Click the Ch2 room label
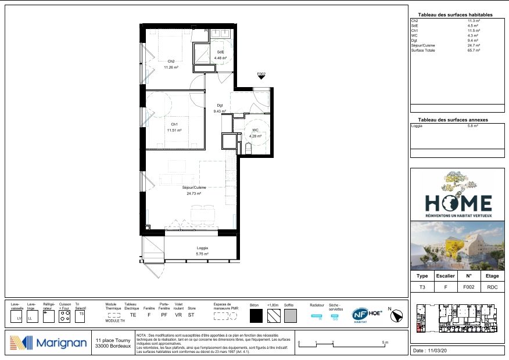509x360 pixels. (x=171, y=62)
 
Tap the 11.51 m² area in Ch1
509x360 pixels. (x=174, y=131)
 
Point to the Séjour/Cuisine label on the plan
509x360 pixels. (x=194, y=188)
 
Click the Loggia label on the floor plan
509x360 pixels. (x=202, y=248)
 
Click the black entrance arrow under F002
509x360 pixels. (x=261, y=80)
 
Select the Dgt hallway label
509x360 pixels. (x=220, y=105)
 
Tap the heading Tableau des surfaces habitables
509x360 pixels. (x=455, y=15)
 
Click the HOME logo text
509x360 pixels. (x=458, y=203)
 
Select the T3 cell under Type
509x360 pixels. (x=422, y=287)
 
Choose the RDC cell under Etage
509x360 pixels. (x=492, y=287)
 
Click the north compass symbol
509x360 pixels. (x=397, y=315)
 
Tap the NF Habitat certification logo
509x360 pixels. (x=360, y=315)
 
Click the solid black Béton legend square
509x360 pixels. (x=256, y=316)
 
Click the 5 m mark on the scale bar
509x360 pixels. (x=385, y=344)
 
